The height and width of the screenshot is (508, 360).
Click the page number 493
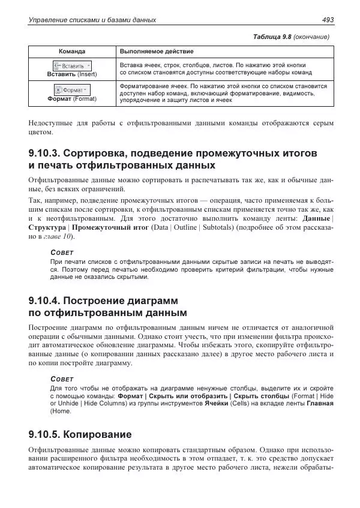pyautogui.click(x=328, y=20)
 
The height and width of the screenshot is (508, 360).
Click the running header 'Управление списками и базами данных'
pyautogui.click(x=92, y=20)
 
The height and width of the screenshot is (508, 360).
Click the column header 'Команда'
pyautogui.click(x=71, y=52)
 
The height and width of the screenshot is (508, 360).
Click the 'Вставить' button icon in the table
pyautogui.click(x=72, y=65)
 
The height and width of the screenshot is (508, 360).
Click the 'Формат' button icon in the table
pyautogui.click(x=71, y=89)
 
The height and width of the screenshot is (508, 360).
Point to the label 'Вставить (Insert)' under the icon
pyautogui.click(x=71, y=74)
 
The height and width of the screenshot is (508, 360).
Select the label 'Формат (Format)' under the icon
pyautogui.click(x=71, y=98)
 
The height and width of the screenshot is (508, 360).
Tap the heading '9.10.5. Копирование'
pyautogui.click(x=80, y=434)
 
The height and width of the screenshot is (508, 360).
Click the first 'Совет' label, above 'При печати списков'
pyautogui.click(x=61, y=254)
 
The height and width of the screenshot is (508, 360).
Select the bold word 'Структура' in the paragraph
pyautogui.click(x=47, y=229)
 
